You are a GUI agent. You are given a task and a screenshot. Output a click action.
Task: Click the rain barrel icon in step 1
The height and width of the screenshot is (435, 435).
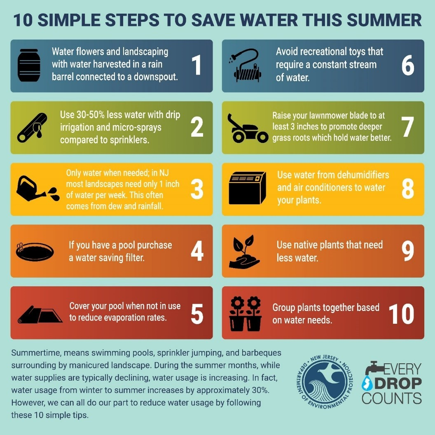[29, 66]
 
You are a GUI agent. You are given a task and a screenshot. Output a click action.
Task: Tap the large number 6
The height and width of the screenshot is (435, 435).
[408, 66]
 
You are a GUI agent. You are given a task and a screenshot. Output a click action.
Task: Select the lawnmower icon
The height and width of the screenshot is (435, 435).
[248, 128]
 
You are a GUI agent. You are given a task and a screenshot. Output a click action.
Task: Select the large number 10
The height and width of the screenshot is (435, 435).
[401, 314]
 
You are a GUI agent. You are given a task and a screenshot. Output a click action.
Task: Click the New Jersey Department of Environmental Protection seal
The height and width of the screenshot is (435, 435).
[328, 382]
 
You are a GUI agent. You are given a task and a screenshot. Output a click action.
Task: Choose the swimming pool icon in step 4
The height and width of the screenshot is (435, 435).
[35, 251]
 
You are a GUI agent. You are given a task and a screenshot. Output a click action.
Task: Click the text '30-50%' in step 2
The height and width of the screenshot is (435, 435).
[92, 115]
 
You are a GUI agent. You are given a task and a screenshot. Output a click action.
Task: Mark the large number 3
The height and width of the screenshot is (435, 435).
[197, 189]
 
